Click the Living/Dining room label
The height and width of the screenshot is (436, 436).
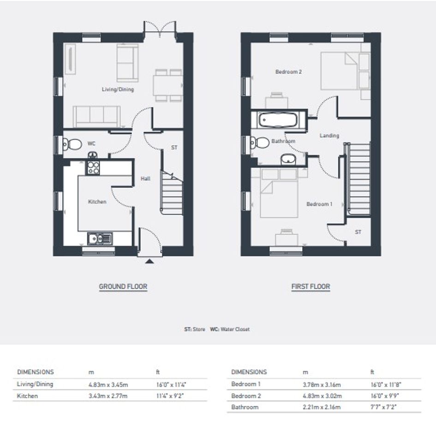pos(118,89)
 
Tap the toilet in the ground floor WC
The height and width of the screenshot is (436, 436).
pos(72,144)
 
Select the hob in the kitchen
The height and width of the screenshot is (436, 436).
pos(93,167)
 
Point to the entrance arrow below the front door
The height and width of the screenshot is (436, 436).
pos(149,261)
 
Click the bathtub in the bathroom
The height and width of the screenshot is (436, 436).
pos(278,120)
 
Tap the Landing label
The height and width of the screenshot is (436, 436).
pos(329,136)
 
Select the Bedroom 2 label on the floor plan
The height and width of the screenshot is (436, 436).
pos(288,72)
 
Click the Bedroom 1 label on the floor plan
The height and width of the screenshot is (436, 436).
pos(319,204)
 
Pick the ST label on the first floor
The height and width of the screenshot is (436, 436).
pos(358,232)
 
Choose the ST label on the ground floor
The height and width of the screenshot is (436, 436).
pos(174,147)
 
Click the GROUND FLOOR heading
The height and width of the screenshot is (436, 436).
pos(123,287)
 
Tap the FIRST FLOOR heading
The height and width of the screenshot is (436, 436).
pos(311,287)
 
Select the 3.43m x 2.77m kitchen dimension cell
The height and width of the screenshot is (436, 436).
pos(108,396)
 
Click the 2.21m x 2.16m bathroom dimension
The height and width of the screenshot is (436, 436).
pos(322,407)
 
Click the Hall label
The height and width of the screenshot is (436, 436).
pos(145,179)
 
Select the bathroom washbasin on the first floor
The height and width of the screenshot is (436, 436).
pos(288,160)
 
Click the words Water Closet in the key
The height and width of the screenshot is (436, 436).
pos(235,329)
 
